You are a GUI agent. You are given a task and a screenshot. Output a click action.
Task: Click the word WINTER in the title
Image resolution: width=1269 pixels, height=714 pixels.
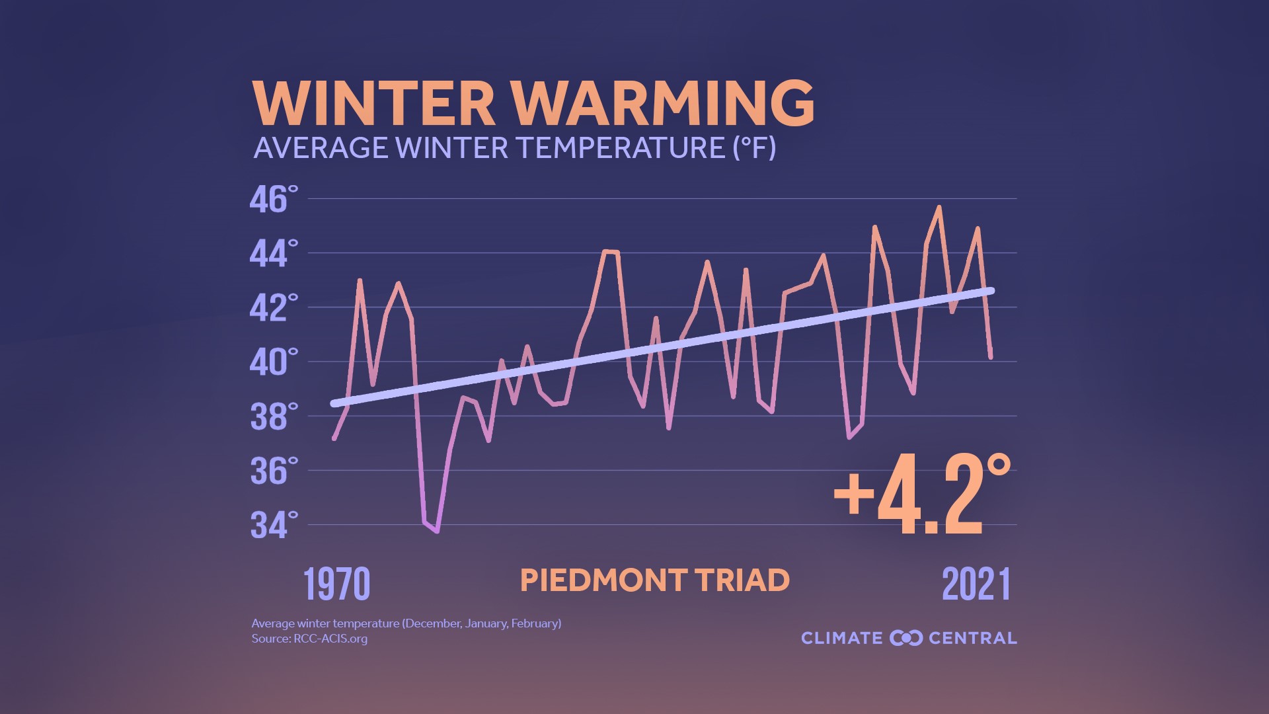tap(373, 104)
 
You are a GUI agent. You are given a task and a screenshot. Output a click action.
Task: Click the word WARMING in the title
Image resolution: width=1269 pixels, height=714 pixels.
tap(663, 104)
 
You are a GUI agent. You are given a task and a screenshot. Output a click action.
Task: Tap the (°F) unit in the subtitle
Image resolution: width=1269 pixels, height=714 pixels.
tap(754, 147)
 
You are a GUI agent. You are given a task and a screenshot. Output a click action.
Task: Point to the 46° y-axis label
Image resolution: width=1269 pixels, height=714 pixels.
tap(274, 199)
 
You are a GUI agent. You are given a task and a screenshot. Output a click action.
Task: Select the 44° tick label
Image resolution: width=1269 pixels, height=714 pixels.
tap(274, 253)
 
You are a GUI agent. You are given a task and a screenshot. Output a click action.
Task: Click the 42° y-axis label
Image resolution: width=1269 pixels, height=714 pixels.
tap(274, 307)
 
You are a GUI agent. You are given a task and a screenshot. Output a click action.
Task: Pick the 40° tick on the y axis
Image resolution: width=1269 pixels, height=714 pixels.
tap(274, 362)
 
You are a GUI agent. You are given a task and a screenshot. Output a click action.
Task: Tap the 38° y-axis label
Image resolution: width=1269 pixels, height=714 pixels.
tap(274, 416)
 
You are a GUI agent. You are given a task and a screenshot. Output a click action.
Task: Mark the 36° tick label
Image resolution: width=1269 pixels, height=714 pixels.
tap(274, 471)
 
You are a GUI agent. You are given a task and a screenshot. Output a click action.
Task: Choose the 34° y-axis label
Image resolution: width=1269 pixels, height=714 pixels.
tap(274, 525)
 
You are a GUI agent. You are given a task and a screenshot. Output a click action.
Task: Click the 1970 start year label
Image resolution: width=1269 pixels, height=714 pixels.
tap(336, 584)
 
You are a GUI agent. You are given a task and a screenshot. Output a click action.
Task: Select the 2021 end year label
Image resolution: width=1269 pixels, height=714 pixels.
tap(976, 584)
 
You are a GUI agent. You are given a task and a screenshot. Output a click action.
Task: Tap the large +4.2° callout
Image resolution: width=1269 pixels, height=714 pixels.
tap(922, 495)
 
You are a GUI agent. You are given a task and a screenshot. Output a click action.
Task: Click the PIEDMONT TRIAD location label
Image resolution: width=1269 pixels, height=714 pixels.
tap(654, 580)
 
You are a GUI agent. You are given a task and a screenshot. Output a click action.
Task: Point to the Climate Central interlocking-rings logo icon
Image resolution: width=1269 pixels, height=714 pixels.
tap(905, 638)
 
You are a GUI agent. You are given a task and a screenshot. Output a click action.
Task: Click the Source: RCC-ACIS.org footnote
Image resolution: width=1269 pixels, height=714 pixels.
tap(309, 639)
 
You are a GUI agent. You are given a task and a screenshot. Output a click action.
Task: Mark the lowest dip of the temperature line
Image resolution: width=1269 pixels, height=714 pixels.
tap(437, 531)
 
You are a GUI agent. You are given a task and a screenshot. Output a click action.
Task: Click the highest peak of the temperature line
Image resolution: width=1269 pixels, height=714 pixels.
tap(939, 208)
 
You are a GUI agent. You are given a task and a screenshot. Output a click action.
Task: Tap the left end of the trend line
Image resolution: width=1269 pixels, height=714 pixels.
tap(334, 403)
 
